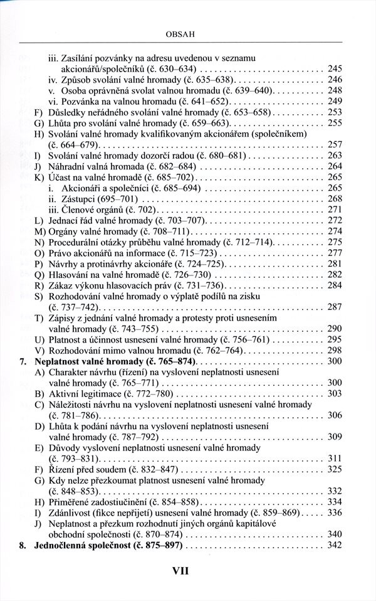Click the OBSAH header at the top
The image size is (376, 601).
[x=187, y=29]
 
